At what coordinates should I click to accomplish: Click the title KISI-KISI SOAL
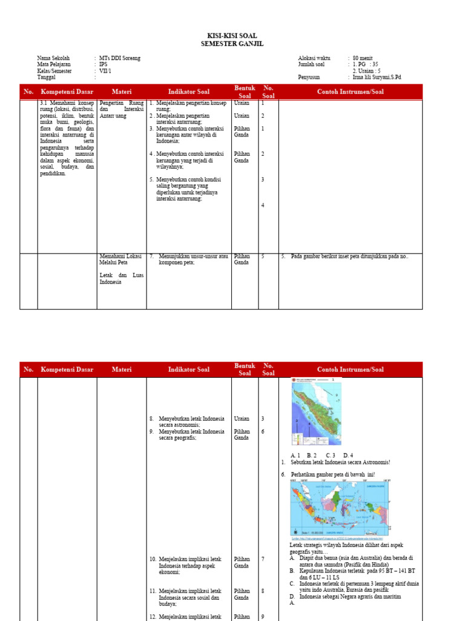tap(232, 36)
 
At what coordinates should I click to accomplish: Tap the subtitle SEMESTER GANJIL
tap(232, 44)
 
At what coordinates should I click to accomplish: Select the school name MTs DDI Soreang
tap(120, 58)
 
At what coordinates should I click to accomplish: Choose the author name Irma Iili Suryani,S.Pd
tap(377, 78)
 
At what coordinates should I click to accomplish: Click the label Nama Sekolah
tap(53, 58)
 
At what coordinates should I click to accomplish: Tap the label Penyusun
tap(309, 78)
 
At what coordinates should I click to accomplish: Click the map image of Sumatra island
tap(316, 412)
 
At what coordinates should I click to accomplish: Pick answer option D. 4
tap(348, 455)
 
